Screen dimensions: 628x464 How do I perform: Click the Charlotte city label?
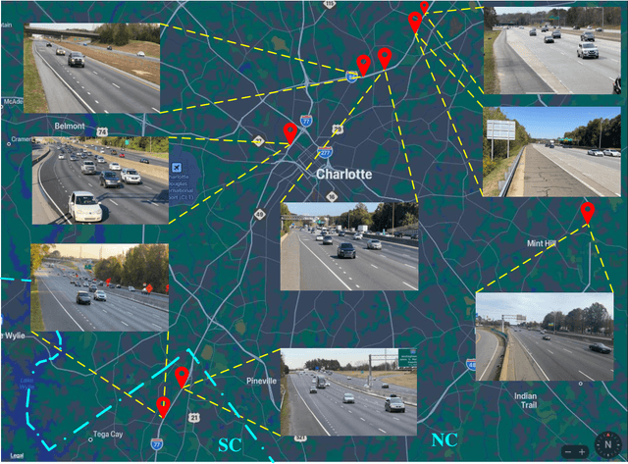pos(343,174)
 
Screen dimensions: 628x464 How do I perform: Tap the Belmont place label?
pos(70,127)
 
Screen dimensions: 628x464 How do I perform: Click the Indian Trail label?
pos(525,401)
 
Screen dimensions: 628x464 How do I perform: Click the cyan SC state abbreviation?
pos(229,444)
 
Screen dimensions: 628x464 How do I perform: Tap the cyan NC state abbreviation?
pos(445,440)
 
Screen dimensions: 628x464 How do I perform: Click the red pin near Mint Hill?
pos(587,212)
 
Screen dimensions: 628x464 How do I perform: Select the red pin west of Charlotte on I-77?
pos(289,132)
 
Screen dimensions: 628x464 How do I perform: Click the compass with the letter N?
pos(606,440)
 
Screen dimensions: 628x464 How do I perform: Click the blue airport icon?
pos(176,169)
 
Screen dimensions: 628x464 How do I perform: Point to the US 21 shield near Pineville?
pos(194,417)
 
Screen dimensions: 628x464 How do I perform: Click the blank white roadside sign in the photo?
pos(500,129)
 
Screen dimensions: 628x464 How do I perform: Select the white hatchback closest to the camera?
pos(83,206)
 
